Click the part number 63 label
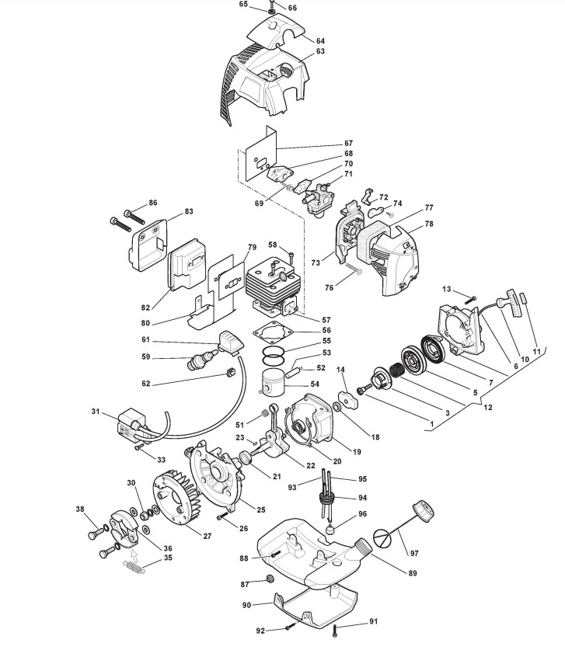[x=320, y=52]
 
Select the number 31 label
[x=96, y=411]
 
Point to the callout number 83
[x=189, y=211]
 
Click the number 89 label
[x=413, y=573]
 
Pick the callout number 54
[x=314, y=384]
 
